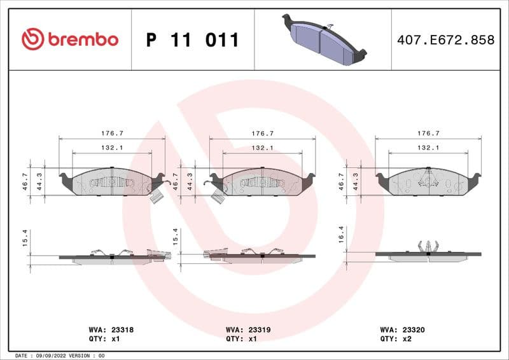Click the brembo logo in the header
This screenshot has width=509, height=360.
[x=69, y=39]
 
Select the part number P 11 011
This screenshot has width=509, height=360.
[x=193, y=40]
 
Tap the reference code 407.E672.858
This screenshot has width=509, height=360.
[x=445, y=40]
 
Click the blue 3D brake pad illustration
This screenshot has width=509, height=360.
[x=324, y=39]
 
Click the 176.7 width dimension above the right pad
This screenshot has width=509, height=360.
[x=428, y=134]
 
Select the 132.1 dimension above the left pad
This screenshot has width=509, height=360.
[x=112, y=148]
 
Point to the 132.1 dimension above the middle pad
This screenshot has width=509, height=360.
[x=262, y=148]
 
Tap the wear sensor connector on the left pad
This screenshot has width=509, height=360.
[x=156, y=197]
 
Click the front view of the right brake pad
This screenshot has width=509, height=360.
[x=428, y=182]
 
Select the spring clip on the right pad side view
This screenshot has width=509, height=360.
[x=428, y=246]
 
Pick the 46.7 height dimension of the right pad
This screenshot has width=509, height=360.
[x=342, y=182]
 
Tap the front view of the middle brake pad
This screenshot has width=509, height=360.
[x=262, y=183]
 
